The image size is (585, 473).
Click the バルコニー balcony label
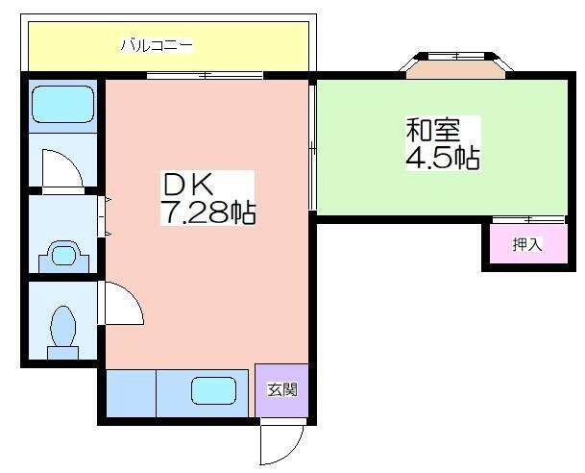point(157,45)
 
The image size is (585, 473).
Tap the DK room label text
point(188,184)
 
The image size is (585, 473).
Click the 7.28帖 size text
point(208,212)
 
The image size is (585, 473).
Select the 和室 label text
point(433,130)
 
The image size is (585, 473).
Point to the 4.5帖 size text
point(443,158)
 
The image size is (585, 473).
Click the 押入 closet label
point(526,244)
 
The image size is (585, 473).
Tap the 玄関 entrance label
point(282,389)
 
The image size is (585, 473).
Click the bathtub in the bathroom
point(62,104)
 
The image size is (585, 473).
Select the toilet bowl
point(62,326)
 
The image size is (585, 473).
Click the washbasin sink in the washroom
point(63,256)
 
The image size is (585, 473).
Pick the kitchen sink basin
point(214,390)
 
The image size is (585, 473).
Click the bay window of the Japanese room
point(456,65)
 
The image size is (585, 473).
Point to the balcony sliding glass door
point(205,75)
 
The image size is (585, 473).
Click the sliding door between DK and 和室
point(312,147)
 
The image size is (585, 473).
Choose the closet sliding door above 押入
point(529,220)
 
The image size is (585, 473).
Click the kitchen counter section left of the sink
point(131,393)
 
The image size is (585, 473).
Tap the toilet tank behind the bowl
point(62,353)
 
